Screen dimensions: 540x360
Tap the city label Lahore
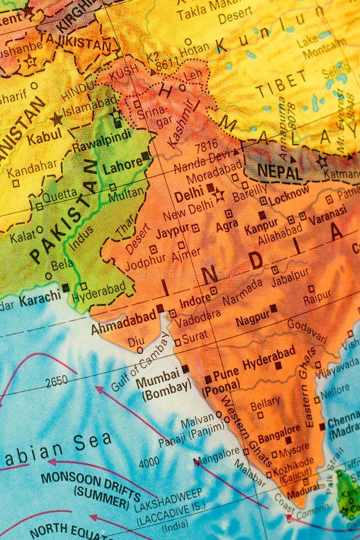[x=122, y=166]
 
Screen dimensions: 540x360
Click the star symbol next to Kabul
[x=57, y=119]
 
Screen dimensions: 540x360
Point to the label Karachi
[x=40, y=297]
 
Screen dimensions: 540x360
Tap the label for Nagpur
[x=253, y=319]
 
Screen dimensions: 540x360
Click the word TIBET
[x=280, y=85]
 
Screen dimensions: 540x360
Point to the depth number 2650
[x=56, y=380]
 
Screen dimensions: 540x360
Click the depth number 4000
[x=149, y=462]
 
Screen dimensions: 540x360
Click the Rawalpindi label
[x=101, y=145]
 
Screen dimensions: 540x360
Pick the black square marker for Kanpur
[x=262, y=215]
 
